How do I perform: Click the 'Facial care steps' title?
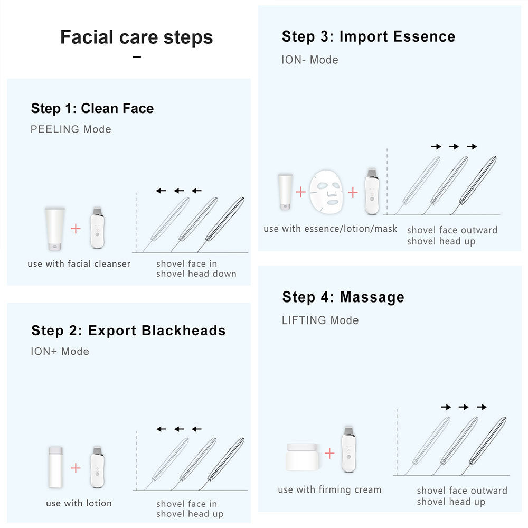136,37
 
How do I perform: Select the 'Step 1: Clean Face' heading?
92,109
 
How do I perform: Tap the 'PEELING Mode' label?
71,129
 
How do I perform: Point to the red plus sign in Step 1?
76,228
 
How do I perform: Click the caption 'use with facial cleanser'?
79,263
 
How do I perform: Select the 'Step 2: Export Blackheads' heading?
128,331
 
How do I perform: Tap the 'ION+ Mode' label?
60,352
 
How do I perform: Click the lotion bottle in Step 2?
54,467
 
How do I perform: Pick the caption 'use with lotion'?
79,503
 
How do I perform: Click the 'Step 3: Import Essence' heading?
368,37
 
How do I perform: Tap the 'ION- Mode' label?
309,60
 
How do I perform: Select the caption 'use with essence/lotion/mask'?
330,229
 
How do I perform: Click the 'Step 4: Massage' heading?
343,297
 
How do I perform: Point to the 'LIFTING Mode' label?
320,320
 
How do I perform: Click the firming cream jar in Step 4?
302,456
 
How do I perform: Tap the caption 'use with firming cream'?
329,490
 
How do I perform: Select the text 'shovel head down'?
196,274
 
